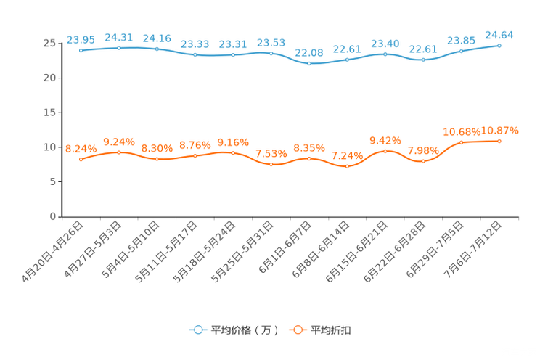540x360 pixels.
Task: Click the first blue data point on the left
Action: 81,51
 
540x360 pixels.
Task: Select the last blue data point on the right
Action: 499,45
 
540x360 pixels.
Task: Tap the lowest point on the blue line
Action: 309,64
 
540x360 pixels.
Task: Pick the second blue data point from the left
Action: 119,47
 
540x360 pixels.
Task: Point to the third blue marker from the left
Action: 157,49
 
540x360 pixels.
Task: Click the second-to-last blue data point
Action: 461,51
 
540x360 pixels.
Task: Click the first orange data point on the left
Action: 81,160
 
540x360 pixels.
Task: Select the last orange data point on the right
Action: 499,141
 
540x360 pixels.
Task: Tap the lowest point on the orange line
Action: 347,167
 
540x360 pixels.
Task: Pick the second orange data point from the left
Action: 119,152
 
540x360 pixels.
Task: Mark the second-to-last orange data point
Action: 461,142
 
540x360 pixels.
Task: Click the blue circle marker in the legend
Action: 197,330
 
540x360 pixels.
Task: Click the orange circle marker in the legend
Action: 297,330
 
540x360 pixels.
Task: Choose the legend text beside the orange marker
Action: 332,330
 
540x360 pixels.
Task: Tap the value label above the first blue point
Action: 81,39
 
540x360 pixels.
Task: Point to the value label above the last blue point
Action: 499,33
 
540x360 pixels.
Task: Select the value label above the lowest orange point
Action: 347,155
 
